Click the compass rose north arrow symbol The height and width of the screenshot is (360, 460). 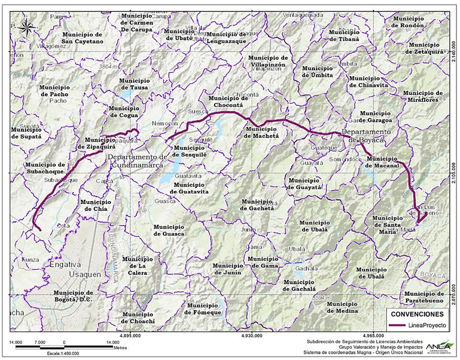tap(26, 26)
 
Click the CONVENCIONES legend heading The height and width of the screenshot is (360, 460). tap(418, 314)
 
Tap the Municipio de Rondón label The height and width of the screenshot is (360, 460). tap(405, 22)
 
